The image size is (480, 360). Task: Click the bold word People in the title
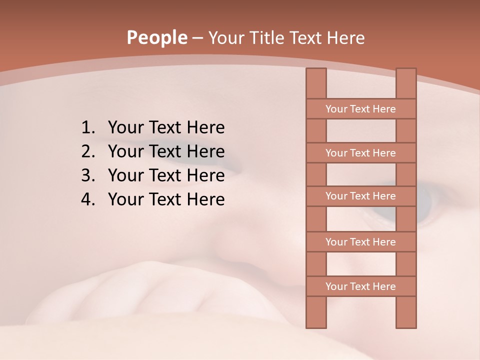coord(157,37)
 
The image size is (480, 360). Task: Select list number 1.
coord(87,128)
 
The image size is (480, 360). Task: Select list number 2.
coord(87,151)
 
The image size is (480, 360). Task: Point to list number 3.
coord(87,175)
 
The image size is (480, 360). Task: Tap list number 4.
coord(87,199)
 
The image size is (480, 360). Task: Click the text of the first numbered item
coord(166,128)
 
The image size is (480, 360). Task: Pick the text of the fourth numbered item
coord(166,199)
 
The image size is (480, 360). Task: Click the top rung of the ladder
coord(360,109)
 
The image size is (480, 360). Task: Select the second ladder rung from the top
coord(360,153)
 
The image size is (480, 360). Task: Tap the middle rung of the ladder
coord(360,196)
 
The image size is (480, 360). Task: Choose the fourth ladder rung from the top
coord(360,242)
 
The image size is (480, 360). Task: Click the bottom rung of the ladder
coord(360,286)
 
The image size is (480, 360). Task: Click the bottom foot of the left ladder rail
coord(316,325)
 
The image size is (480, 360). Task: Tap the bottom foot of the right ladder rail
coord(406,325)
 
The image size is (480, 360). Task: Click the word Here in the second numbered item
coord(205,151)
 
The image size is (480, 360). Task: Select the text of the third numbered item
coord(166,175)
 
